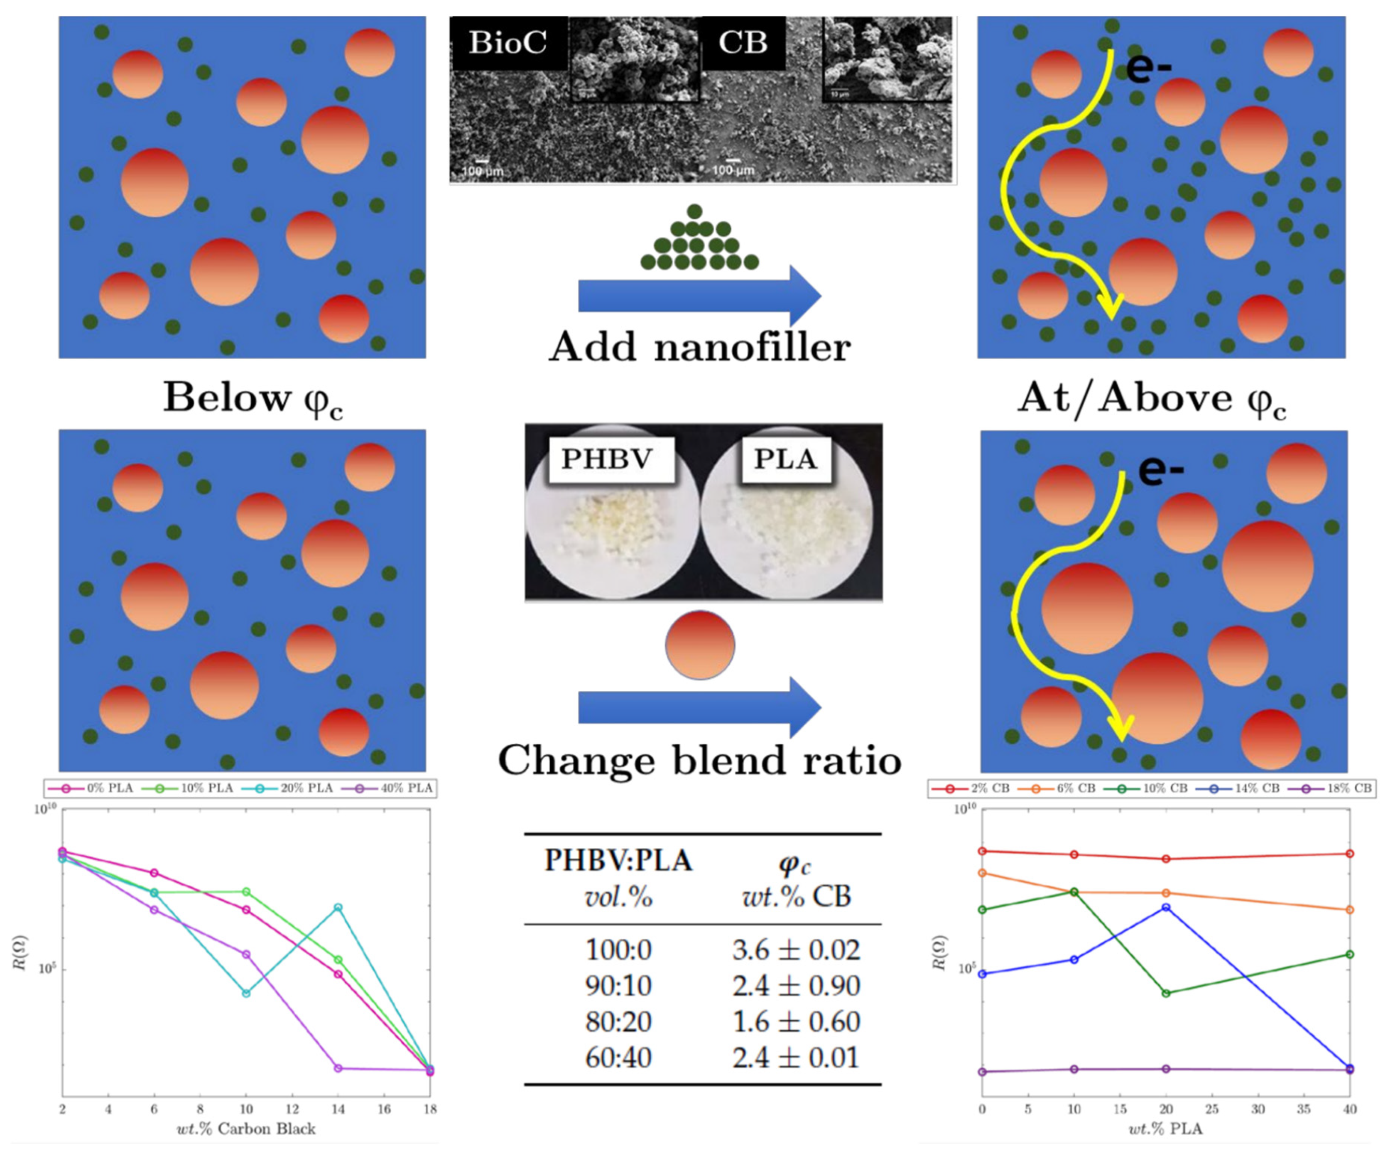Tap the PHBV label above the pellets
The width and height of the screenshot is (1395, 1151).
(607, 459)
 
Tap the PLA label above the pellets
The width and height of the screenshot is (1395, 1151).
(785, 459)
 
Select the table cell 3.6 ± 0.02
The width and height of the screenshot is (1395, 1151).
(796, 950)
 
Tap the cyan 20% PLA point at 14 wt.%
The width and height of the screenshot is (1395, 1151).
(338, 907)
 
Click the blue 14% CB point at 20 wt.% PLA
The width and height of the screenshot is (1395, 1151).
(1166, 907)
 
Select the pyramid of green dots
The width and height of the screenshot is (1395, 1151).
(696, 240)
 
